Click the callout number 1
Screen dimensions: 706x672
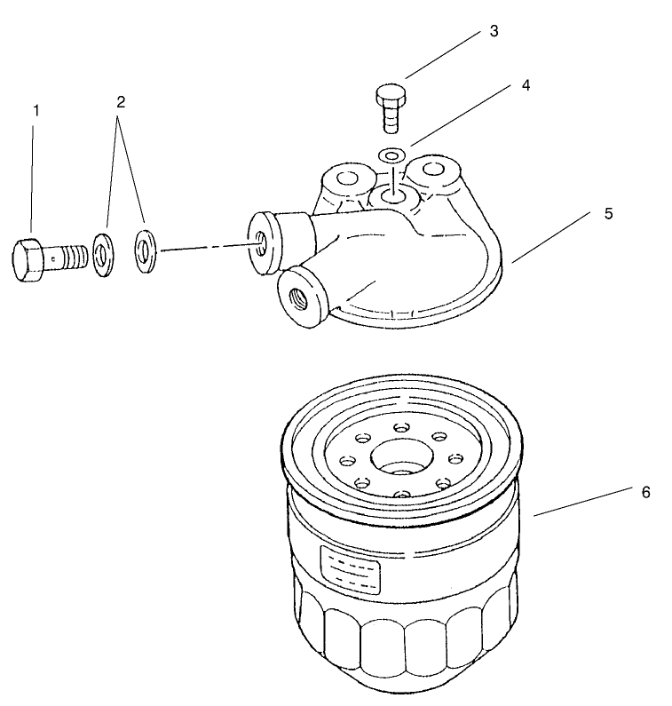[x=36, y=110]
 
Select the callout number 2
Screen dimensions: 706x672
[x=120, y=101]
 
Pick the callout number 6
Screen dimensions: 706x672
[x=645, y=491]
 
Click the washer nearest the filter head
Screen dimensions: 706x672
[x=145, y=249]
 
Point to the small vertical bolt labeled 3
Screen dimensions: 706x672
[x=390, y=107]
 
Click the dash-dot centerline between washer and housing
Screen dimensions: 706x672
[x=204, y=248]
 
